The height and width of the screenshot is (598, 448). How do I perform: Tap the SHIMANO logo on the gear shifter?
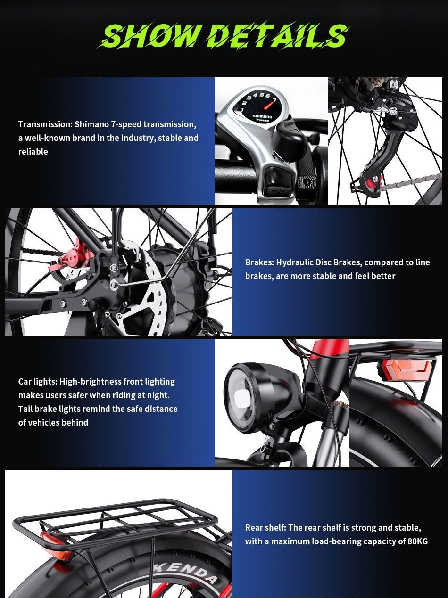pos(262,116)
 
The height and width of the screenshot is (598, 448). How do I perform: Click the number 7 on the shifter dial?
pos(274,100)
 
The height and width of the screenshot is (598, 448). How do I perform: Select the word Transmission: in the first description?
pos(45,124)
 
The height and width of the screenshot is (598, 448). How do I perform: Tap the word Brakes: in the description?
pos(259,262)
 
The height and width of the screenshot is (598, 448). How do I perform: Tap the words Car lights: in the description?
pos(38,381)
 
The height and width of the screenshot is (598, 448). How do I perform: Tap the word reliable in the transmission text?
pos(33,151)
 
